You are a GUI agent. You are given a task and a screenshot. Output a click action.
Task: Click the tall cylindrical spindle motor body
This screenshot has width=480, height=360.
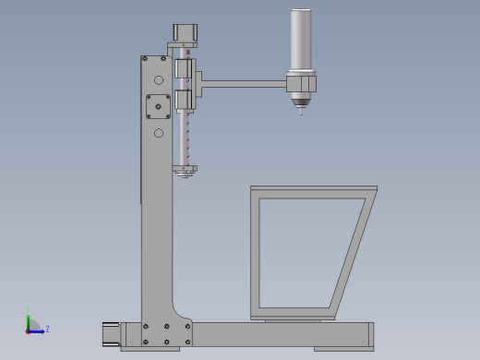[x=302, y=39]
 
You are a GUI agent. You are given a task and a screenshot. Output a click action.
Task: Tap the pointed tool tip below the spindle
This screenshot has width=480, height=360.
[x=300, y=113]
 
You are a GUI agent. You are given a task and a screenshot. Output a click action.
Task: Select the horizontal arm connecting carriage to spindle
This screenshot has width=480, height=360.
[x=242, y=84]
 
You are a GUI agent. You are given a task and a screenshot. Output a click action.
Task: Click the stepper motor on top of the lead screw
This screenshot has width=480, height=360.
[x=184, y=32]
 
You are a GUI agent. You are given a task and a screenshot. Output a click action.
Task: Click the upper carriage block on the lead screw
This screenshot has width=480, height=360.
[x=183, y=69]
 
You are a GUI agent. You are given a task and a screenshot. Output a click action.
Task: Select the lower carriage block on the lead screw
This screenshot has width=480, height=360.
[x=183, y=100]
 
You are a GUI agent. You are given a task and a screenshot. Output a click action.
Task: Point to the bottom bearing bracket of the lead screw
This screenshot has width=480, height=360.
[x=184, y=169]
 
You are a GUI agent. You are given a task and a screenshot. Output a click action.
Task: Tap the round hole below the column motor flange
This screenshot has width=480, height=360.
[x=159, y=133]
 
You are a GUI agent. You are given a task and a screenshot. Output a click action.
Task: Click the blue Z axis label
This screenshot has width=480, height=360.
[x=47, y=329]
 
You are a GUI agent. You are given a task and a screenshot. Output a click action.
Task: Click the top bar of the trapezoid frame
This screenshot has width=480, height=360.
[x=314, y=190]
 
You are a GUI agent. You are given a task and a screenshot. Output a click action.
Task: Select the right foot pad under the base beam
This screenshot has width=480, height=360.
[x=342, y=349]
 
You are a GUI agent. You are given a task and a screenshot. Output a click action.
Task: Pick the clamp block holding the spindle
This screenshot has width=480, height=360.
[x=301, y=84]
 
